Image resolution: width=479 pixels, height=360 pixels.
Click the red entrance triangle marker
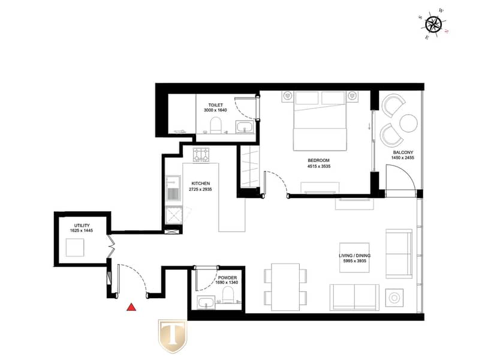tap(131, 307)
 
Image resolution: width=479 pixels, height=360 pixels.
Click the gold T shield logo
tap(172, 336)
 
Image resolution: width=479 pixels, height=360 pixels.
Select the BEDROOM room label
tap(318, 160)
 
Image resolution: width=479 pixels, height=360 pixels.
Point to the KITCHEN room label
tap(201, 184)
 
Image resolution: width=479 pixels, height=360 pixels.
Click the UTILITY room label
tap(82, 226)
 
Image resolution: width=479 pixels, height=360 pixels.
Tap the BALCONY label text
tap(403, 152)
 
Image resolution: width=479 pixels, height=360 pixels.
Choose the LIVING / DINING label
tap(355, 256)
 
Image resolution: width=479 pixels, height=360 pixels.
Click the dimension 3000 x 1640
tap(215, 110)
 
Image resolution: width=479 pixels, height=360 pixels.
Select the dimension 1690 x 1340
tap(227, 283)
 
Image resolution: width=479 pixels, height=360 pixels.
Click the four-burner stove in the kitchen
tap(201, 155)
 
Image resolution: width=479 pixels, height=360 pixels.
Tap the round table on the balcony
tap(408, 123)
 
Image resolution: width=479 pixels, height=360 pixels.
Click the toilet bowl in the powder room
tap(228, 295)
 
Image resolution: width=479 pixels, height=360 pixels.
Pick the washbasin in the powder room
tap(206, 303)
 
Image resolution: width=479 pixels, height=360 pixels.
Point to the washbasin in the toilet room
tap(245, 127)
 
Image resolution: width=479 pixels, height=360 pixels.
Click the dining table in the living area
tap(285, 287)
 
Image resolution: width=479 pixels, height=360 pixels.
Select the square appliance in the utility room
tap(75, 247)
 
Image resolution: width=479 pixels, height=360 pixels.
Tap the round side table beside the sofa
tap(394, 298)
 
